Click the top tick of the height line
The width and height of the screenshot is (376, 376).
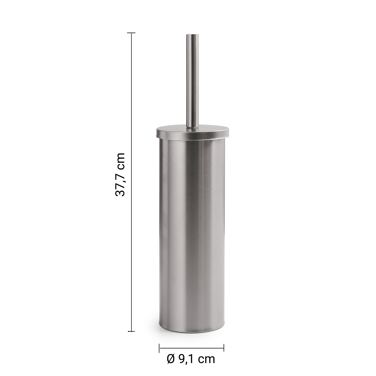(132, 33)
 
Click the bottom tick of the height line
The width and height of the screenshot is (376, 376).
(132, 331)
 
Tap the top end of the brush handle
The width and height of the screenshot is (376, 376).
(192, 34)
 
